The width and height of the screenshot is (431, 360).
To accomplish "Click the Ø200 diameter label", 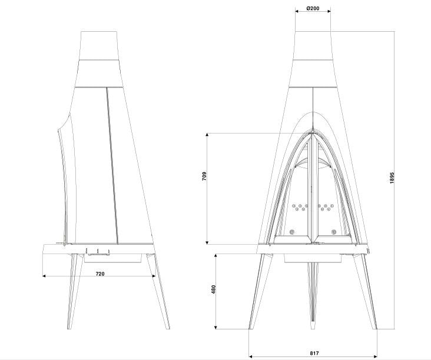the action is (313, 8).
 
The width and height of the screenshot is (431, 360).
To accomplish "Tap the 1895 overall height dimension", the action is (392, 178).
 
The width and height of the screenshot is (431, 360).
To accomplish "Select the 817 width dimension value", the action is (314, 354).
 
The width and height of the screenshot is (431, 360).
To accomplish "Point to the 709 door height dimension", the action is (204, 176).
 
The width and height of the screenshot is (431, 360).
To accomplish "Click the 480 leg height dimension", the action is (214, 289).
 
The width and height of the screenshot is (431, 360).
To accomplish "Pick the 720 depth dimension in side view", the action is (100, 274).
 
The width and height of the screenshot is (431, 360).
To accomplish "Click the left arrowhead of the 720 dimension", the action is (44, 276).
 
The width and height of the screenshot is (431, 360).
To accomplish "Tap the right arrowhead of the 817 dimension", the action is (376, 356).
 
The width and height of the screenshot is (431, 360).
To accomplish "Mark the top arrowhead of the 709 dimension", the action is (207, 135).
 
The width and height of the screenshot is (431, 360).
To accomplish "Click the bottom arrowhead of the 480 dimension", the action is (216, 327).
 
